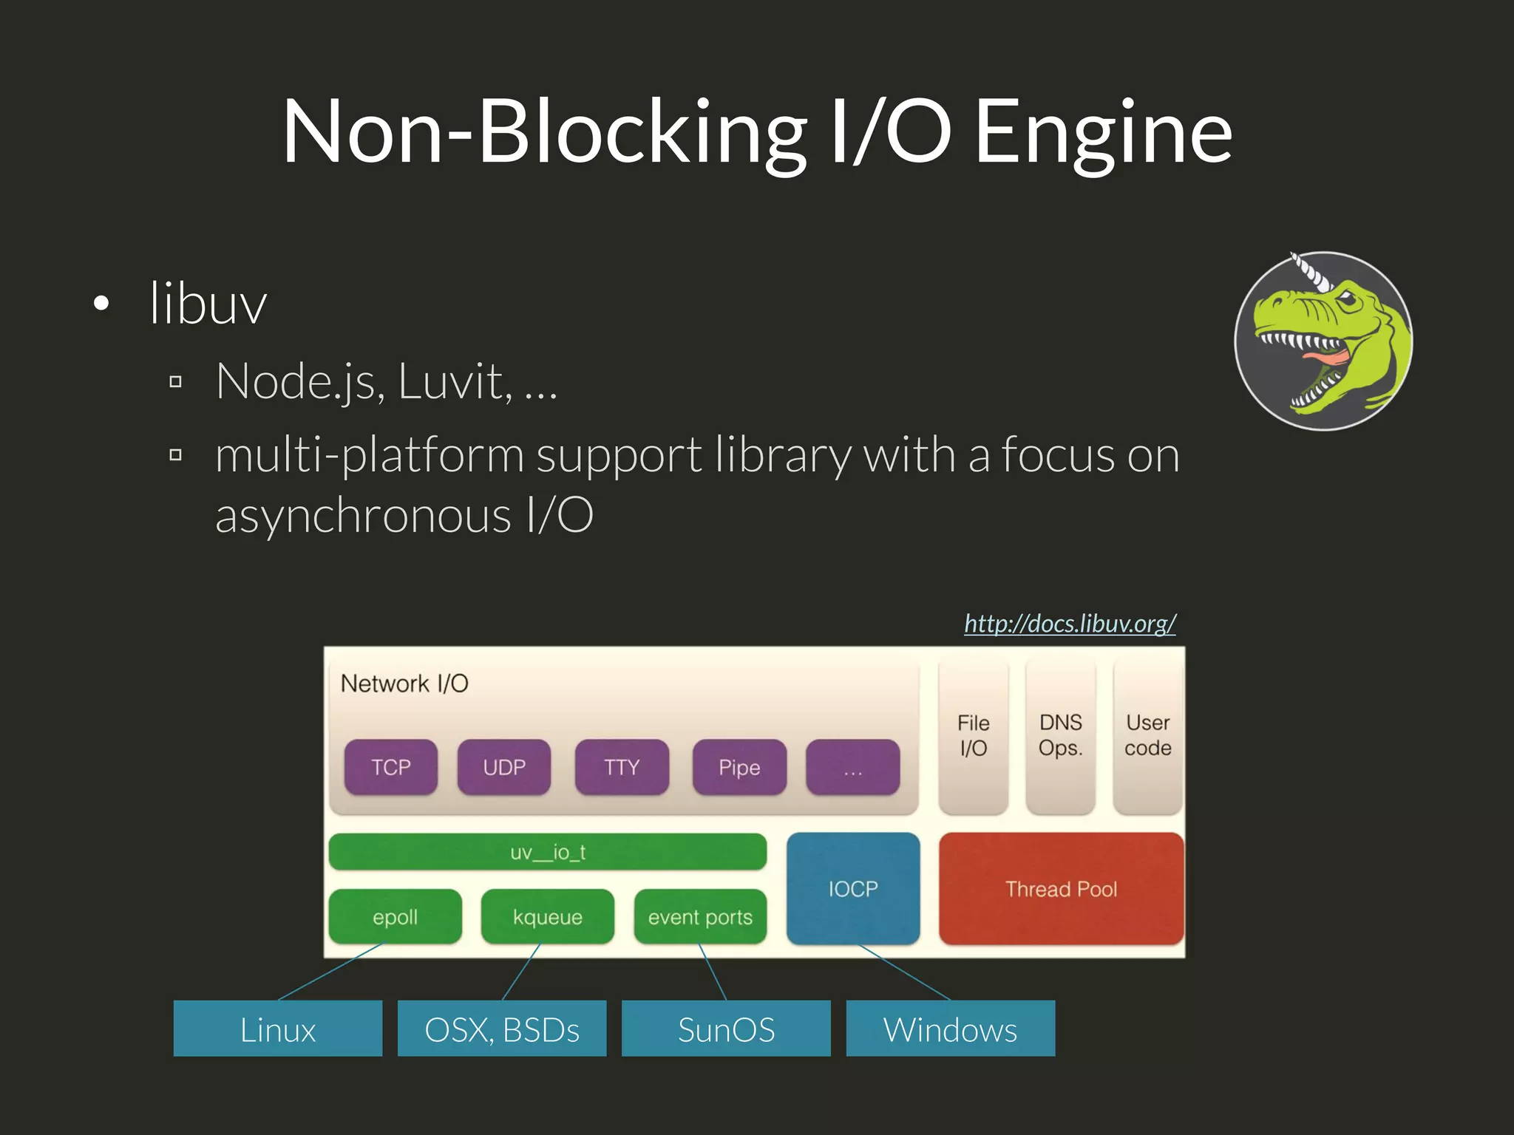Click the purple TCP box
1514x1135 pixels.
tap(390, 767)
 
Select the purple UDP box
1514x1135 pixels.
tap(503, 767)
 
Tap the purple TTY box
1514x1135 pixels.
tap(621, 767)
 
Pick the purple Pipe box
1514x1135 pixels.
tap(739, 767)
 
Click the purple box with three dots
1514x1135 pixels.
tap(852, 767)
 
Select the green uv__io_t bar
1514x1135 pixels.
tap(547, 852)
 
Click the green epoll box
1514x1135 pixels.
tap(395, 917)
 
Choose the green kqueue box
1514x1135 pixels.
tap(547, 917)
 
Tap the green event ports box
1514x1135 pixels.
tap(699, 917)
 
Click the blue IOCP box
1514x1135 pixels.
tap(852, 888)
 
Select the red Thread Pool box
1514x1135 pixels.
tap(1061, 888)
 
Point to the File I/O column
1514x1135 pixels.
tap(973, 736)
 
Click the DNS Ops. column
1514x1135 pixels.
tap(1060, 736)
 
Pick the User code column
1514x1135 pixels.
tap(1147, 736)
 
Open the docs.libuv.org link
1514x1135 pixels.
tap(1070, 624)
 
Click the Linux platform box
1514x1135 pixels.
tap(277, 1029)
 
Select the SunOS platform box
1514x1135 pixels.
tap(725, 1029)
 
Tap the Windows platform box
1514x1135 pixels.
tap(950, 1029)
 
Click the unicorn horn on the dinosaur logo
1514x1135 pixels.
tap(1311, 271)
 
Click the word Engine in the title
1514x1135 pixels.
tap(1103, 133)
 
